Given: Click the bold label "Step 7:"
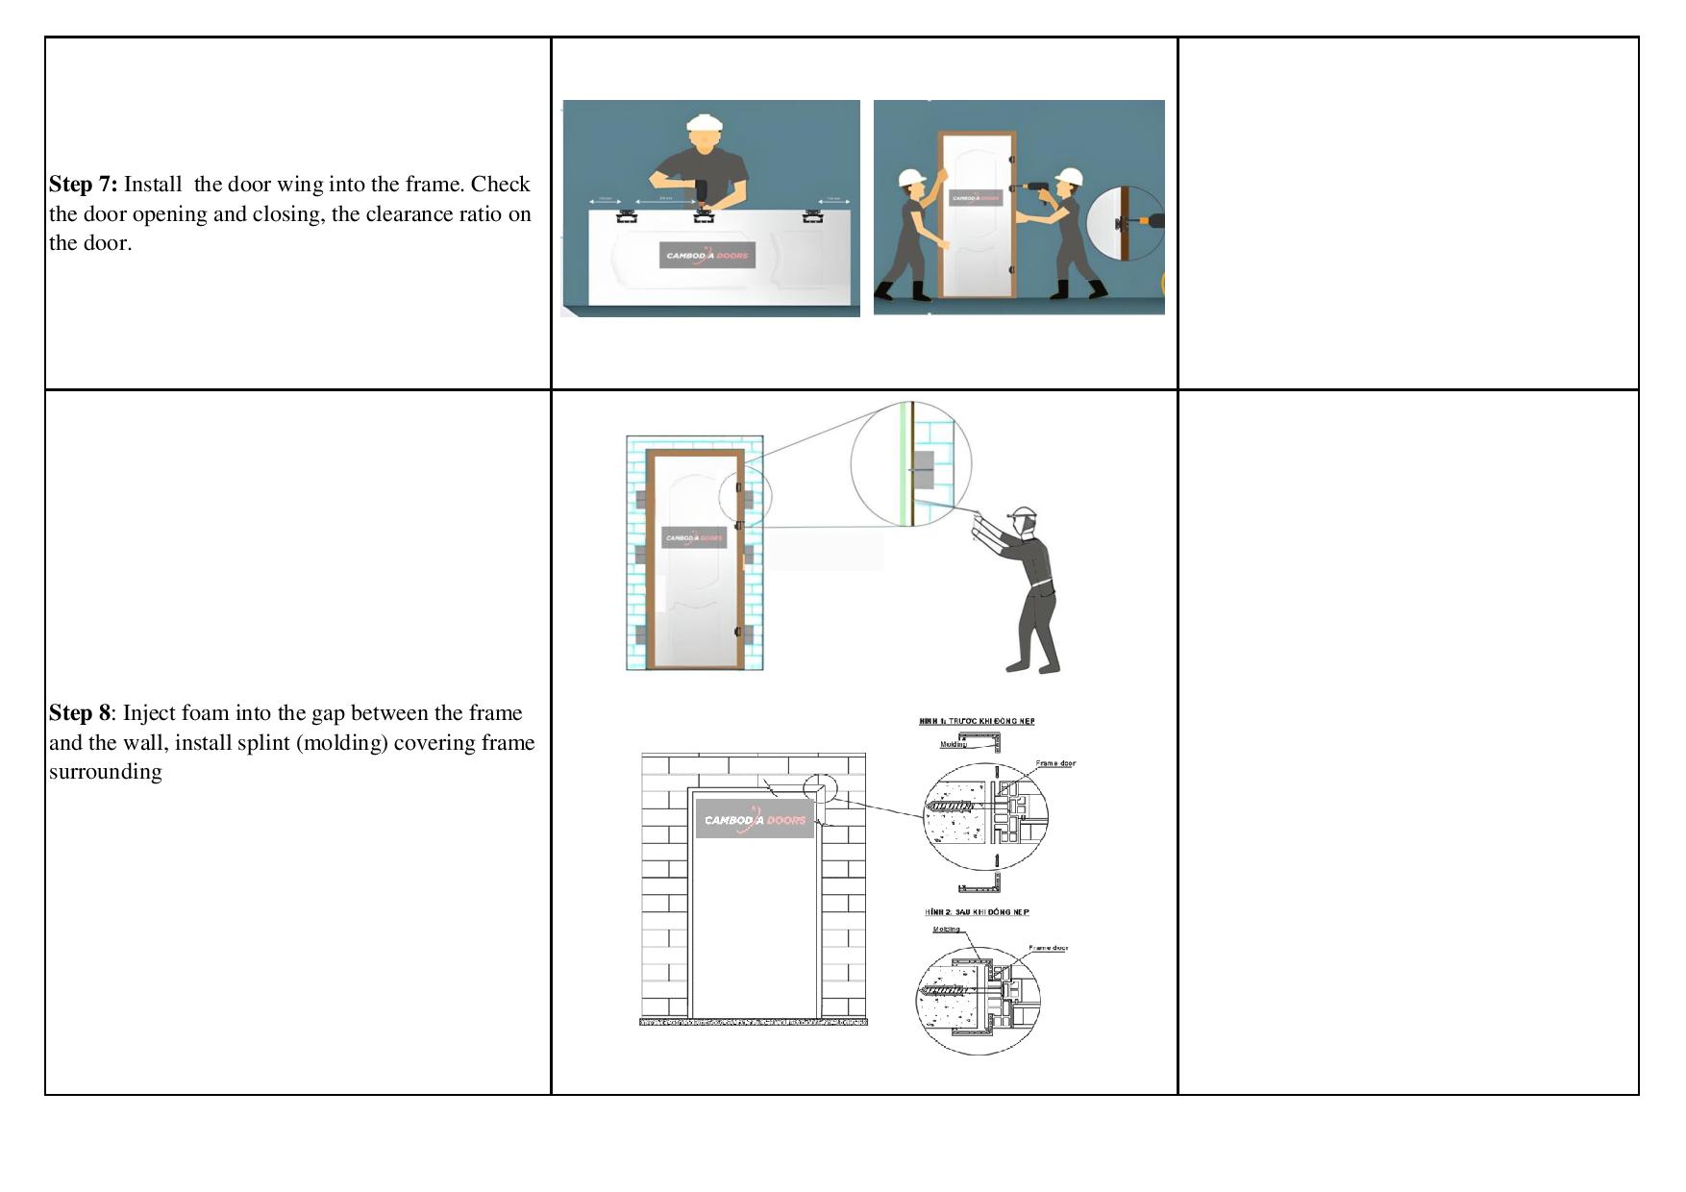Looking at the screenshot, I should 83,185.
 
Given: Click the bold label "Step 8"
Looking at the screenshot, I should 80,713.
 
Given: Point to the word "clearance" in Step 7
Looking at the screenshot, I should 408,214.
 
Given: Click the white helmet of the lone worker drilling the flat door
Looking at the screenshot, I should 705,124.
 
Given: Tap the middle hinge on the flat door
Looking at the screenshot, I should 704,214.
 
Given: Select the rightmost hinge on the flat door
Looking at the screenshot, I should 812,215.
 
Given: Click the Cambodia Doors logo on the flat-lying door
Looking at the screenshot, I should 707,256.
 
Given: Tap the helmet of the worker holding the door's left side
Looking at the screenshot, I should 910,178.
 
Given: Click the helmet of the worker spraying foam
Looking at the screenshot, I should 1023,513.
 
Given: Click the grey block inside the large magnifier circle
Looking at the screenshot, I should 922,468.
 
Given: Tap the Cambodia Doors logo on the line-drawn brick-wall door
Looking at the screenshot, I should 755,819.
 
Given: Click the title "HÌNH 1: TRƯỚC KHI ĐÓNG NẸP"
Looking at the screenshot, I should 977,721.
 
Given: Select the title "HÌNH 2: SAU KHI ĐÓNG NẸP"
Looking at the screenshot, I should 977,911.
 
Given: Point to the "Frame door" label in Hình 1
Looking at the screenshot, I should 1055,763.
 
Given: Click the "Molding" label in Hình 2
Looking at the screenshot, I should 947,930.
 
